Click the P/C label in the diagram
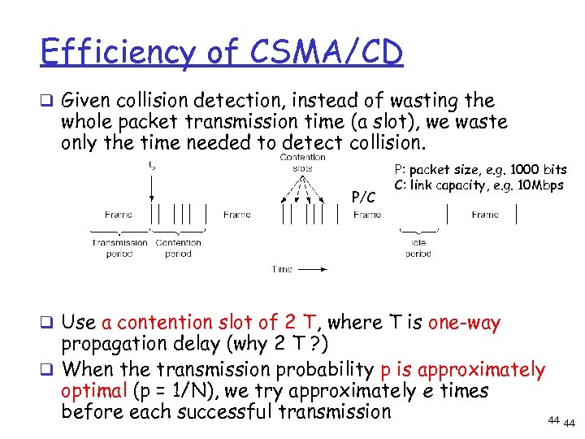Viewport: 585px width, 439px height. pos(362,197)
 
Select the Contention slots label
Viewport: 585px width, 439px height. pos(302,163)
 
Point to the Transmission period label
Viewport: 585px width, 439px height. pos(119,248)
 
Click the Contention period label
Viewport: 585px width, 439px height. pos(178,248)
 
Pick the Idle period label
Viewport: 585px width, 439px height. pos(418,248)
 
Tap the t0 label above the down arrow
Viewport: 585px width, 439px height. pos(153,166)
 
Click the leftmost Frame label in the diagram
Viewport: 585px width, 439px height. pos(119,215)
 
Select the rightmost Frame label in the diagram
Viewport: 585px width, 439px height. pos(484,215)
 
